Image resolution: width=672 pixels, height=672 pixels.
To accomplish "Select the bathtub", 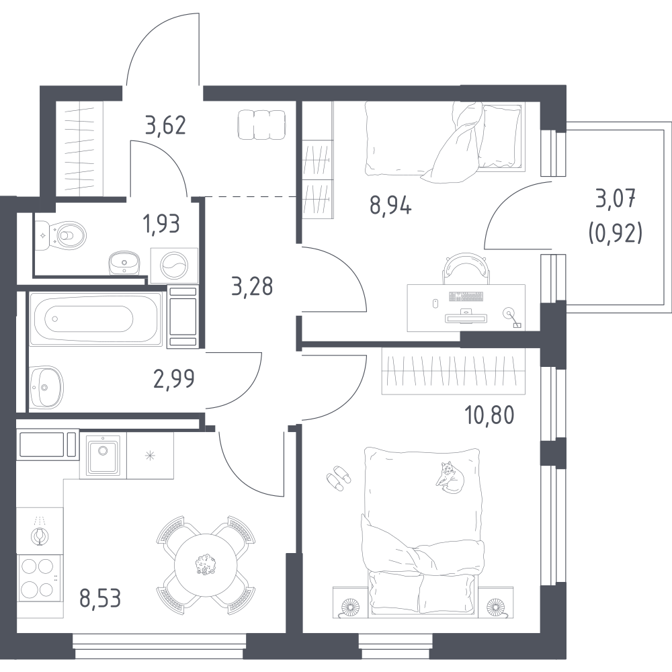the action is (96, 318).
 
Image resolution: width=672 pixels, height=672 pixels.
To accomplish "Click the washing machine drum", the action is (174, 265).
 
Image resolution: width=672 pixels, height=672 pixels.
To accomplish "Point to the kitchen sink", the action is (103, 455).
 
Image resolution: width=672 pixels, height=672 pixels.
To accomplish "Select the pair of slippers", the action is (339, 478).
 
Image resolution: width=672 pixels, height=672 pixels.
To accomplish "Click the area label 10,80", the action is (489, 415).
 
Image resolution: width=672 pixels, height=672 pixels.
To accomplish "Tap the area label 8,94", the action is (390, 206).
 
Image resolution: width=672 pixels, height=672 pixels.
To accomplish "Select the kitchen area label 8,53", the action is (100, 598).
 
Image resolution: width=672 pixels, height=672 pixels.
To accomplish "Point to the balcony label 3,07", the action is (616, 200).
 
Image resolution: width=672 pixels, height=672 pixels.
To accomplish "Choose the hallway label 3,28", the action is (252, 286).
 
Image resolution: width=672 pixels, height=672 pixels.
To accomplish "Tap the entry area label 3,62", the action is (165, 126).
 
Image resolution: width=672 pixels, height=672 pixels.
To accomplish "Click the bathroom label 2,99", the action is (174, 378).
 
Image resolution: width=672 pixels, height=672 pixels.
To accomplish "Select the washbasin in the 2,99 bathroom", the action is (46, 387).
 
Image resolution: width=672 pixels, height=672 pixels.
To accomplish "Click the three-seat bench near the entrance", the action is (261, 124).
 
